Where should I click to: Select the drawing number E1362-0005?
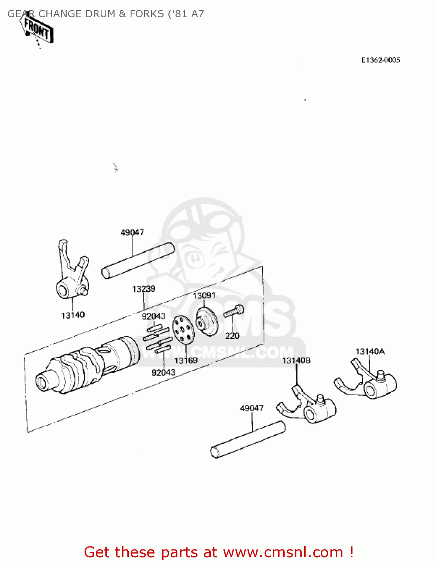(381, 60)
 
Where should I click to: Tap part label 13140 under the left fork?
(73, 315)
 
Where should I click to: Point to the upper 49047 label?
(132, 233)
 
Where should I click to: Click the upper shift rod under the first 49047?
(138, 260)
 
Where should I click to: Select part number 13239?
(143, 289)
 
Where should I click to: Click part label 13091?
(204, 296)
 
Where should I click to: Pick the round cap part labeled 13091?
(207, 321)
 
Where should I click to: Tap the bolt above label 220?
(234, 311)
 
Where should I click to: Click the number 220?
(232, 336)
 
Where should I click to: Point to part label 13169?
(186, 361)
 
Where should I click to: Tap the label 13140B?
(296, 361)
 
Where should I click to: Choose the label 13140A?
(370, 352)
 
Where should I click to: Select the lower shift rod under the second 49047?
(248, 440)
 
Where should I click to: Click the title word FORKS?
(147, 14)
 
